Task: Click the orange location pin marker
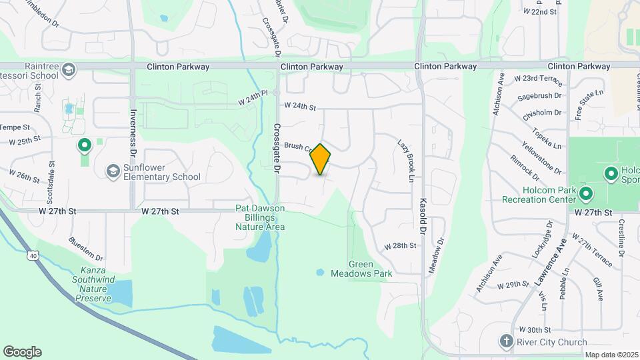coord(321,159)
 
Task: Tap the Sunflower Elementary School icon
coord(112,171)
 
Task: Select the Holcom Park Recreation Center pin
coord(586,194)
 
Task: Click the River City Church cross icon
coord(506,342)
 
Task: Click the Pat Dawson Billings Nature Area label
coord(260,217)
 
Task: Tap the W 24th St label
coord(299,106)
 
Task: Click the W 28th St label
coord(400,246)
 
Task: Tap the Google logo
coord(22,352)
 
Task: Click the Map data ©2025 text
coord(610,355)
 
